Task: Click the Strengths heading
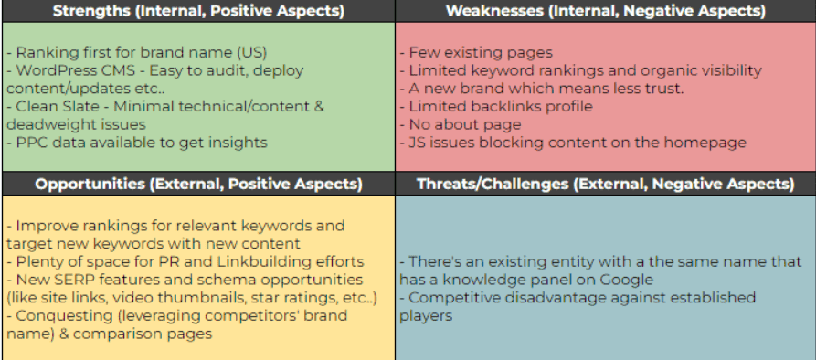[197, 11]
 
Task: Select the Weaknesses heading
[605, 11]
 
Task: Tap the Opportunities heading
[197, 184]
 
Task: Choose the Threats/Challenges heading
[605, 184]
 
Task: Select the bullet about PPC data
[136, 142]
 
